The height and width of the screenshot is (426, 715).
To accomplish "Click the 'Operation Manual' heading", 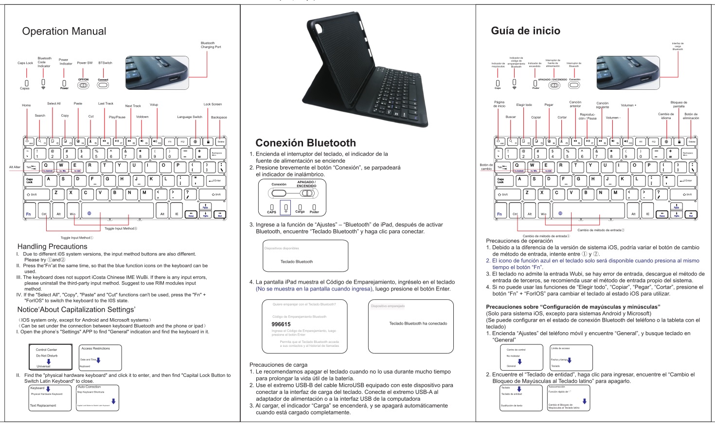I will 64,32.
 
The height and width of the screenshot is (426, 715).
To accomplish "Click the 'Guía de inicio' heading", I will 525,31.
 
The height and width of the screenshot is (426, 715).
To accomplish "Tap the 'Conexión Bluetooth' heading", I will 305,143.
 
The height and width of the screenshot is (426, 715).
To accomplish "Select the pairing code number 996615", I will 281,324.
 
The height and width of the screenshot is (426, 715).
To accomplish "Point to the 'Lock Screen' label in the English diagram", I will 213,104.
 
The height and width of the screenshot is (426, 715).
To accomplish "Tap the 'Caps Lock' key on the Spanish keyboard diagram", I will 500,181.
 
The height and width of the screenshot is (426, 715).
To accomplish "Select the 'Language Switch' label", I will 190,117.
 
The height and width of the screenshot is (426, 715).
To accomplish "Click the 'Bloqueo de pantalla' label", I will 679,104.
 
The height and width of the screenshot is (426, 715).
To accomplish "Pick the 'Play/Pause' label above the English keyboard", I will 117,117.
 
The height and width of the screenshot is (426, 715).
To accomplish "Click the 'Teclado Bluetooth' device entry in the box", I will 297,262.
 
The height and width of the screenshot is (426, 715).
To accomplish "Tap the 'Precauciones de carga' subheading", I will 278,365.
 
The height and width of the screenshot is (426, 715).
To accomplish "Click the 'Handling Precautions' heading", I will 53,247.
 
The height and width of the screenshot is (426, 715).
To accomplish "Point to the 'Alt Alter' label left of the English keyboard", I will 15,167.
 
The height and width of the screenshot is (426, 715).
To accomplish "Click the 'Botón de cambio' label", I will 486,167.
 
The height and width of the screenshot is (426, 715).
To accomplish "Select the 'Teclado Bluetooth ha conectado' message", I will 418,324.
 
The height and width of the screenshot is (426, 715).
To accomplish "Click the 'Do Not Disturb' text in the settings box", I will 47,356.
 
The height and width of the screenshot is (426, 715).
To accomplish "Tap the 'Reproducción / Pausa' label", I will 588,117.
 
